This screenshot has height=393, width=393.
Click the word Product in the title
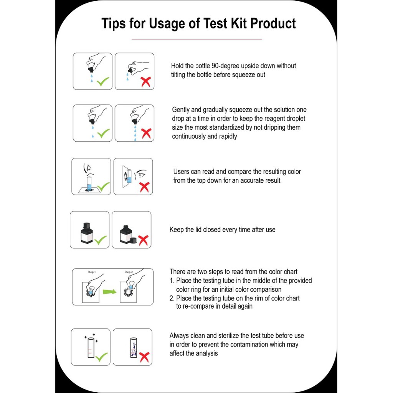pyautogui.click(x=273, y=23)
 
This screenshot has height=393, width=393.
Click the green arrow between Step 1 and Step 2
pyautogui.click(x=109, y=292)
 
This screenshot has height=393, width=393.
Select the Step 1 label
pyautogui.click(x=92, y=272)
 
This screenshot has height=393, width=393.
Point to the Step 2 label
pyautogui.click(x=129, y=272)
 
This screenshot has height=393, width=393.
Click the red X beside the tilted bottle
pyautogui.click(x=145, y=82)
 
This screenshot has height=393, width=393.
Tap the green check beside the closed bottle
pyautogui.click(x=101, y=240)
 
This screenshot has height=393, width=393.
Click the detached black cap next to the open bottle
pyautogui.click(x=134, y=240)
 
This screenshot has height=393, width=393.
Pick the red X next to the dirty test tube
pyautogui.click(x=144, y=357)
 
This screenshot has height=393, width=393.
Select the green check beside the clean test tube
pyautogui.click(x=102, y=357)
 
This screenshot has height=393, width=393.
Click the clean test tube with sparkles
pyautogui.click(x=91, y=347)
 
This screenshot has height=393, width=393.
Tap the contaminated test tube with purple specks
pyautogui.click(x=134, y=347)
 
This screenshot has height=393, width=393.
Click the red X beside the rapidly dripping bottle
pyautogui.click(x=146, y=133)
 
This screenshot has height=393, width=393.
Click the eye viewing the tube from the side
pyautogui.click(x=141, y=173)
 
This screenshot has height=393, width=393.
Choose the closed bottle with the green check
pyautogui.click(x=87, y=233)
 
